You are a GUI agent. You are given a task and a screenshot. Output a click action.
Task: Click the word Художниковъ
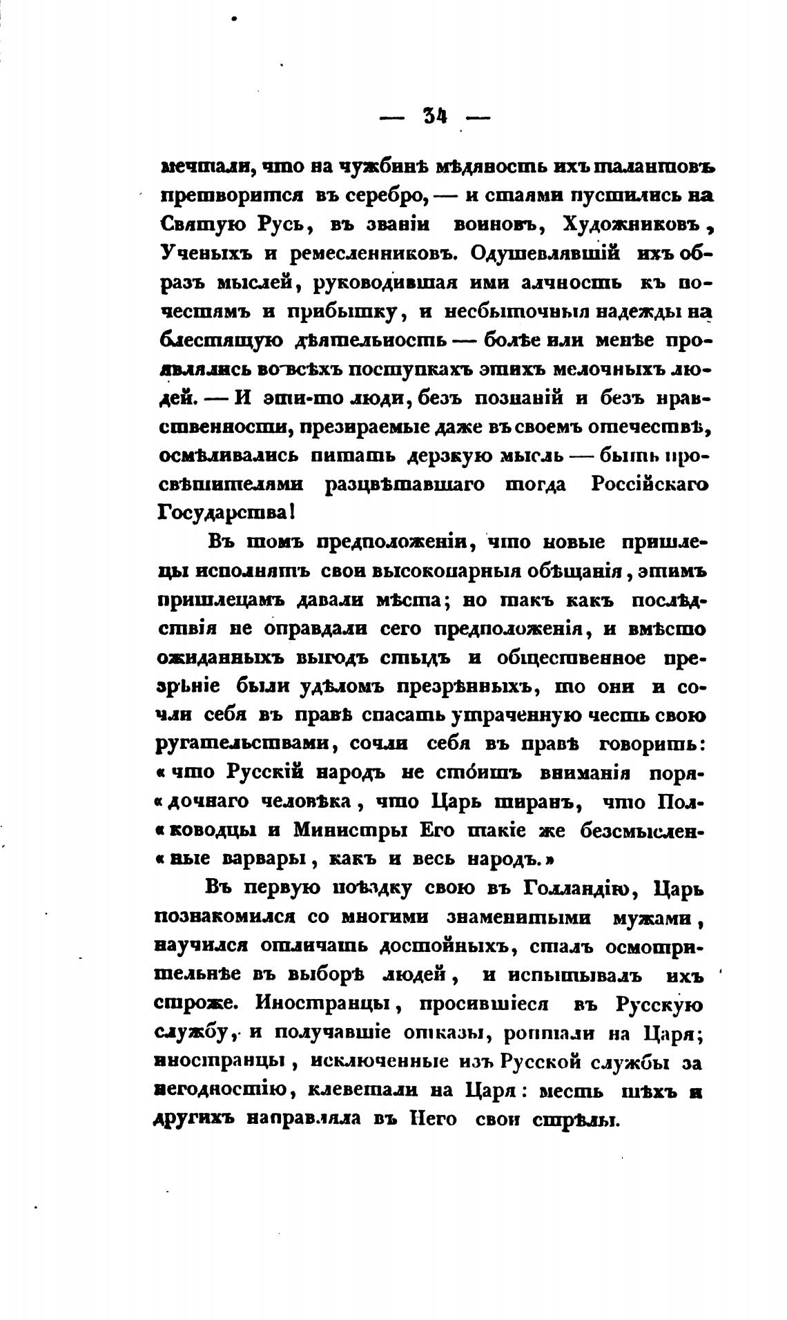632,225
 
